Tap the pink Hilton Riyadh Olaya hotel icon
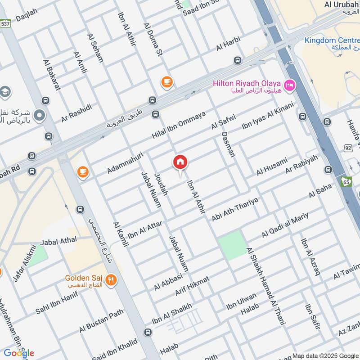coord(290,84)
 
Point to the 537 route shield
coord(5,23)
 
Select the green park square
coord(233,246)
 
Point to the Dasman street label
coord(228,144)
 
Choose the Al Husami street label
coord(272,166)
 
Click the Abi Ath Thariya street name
coord(234,209)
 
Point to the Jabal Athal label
coord(58,242)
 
